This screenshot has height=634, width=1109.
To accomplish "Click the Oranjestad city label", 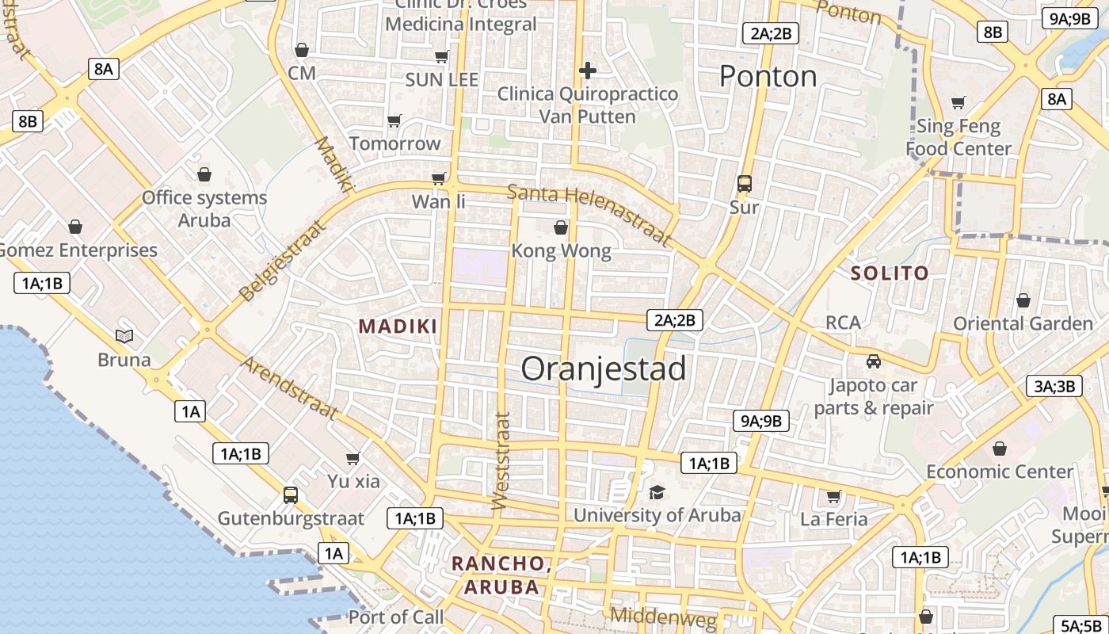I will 604,369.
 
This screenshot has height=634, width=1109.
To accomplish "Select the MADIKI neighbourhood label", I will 398,326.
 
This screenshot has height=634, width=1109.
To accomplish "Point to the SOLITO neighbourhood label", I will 889,273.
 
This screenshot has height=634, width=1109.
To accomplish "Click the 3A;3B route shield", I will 1054,386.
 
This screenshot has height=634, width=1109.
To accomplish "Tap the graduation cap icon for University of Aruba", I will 657,492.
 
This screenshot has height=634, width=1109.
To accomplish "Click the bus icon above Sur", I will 744,184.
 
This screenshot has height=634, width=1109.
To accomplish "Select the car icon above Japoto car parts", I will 873,361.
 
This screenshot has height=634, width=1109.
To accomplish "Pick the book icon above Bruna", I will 124,336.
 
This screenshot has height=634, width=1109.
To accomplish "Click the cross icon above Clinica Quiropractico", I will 587,71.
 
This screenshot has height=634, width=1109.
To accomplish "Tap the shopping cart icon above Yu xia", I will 353,458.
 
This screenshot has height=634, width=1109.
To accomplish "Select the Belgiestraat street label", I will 282,261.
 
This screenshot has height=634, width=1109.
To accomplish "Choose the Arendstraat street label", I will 290,388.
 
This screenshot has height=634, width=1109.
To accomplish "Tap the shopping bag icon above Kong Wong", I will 561,228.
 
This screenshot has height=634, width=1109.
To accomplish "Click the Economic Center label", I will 1000,472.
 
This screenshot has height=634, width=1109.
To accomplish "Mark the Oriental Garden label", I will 1023,323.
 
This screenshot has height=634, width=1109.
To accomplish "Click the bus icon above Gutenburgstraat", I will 291,495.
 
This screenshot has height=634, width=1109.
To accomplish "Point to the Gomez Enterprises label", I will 78,250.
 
